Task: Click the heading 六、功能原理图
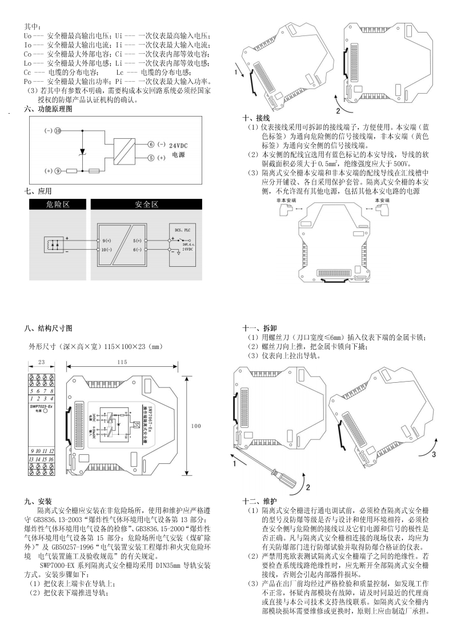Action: [x=48, y=108]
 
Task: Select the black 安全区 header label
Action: [x=146, y=205]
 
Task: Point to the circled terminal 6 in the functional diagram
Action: [x=151, y=145]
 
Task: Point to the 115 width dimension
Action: [x=122, y=362]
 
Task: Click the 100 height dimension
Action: [x=196, y=426]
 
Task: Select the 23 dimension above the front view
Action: [x=41, y=362]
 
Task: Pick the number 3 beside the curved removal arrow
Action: [x=433, y=455]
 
